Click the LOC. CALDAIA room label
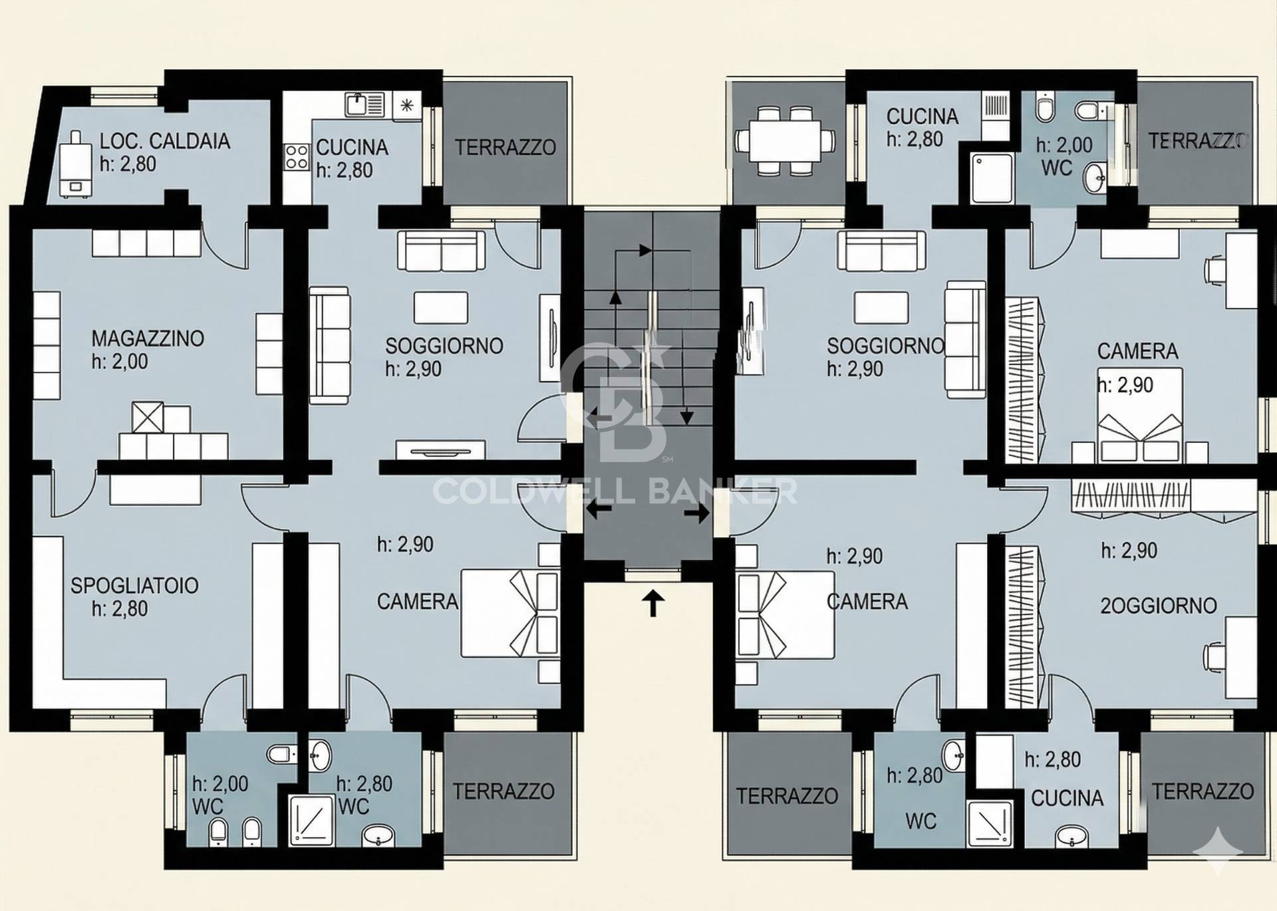(164, 142)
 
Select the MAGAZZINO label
(148, 338)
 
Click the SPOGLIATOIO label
(134, 586)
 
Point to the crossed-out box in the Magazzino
(148, 418)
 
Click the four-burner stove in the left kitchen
(297, 159)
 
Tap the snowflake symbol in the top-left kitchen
(407, 105)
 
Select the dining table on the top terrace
(785, 141)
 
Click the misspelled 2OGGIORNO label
(1159, 606)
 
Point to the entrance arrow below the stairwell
(653, 604)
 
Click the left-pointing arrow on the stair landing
(599, 511)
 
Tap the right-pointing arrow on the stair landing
(697, 513)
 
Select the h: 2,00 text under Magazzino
(120, 362)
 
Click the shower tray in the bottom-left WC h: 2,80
(311, 820)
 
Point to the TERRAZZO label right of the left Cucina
(505, 147)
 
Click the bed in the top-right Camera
(1140, 415)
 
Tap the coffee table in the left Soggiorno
(441, 307)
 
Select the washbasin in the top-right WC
(1095, 177)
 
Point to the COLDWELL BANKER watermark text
(615, 491)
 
